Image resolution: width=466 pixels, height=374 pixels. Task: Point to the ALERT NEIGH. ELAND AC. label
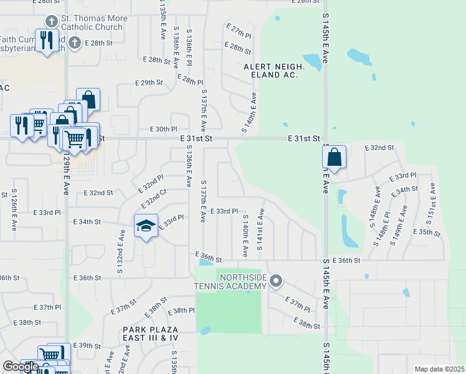(273, 70)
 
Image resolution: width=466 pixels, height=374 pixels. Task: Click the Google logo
(20, 367)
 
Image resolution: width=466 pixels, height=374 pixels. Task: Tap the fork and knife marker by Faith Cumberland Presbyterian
(47, 41)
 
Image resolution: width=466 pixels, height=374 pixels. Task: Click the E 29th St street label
(148, 82)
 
